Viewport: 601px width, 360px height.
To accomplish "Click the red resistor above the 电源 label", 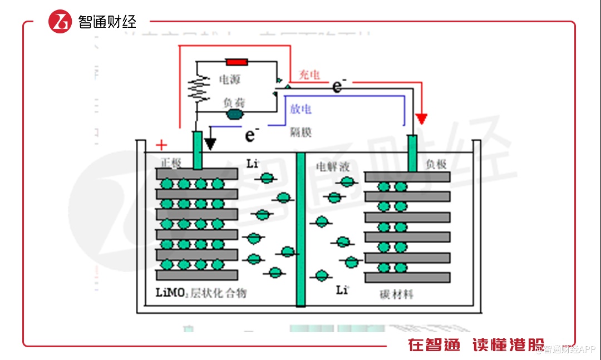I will (237, 62).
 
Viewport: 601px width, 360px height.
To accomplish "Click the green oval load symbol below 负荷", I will (235, 115).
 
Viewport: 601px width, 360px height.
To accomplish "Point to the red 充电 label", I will (309, 75).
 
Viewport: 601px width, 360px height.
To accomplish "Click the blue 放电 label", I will (301, 109).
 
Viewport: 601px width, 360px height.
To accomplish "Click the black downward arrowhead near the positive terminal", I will (210, 143).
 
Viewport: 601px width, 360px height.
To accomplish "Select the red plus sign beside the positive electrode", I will (161, 146).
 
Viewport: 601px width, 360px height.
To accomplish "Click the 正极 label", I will (171, 163).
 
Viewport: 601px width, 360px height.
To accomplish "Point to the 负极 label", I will (436, 164).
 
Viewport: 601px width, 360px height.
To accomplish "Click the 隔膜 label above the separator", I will (301, 132).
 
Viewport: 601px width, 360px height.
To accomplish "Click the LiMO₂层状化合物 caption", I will (201, 293).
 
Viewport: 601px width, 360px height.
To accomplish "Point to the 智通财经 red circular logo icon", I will (60, 22).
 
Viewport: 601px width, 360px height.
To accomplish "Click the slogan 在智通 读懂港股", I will (476, 345).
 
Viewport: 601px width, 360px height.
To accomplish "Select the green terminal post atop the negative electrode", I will (412, 153).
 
